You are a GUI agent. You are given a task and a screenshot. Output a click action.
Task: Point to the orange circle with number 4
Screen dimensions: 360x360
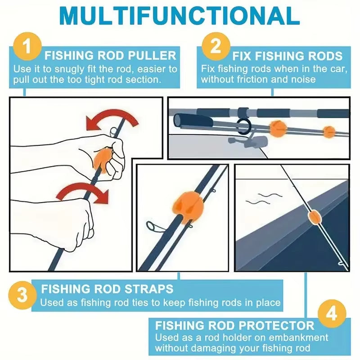tap(332, 313)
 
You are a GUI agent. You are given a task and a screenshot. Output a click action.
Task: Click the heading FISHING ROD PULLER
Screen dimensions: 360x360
tap(110, 56)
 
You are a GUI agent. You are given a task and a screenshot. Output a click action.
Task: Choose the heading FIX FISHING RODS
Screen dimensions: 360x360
tap(288, 56)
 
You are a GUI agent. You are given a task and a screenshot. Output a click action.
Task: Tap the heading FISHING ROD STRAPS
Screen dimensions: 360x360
tap(107, 288)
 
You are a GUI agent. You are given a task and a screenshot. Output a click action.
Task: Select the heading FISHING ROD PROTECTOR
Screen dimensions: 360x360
tap(234, 325)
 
